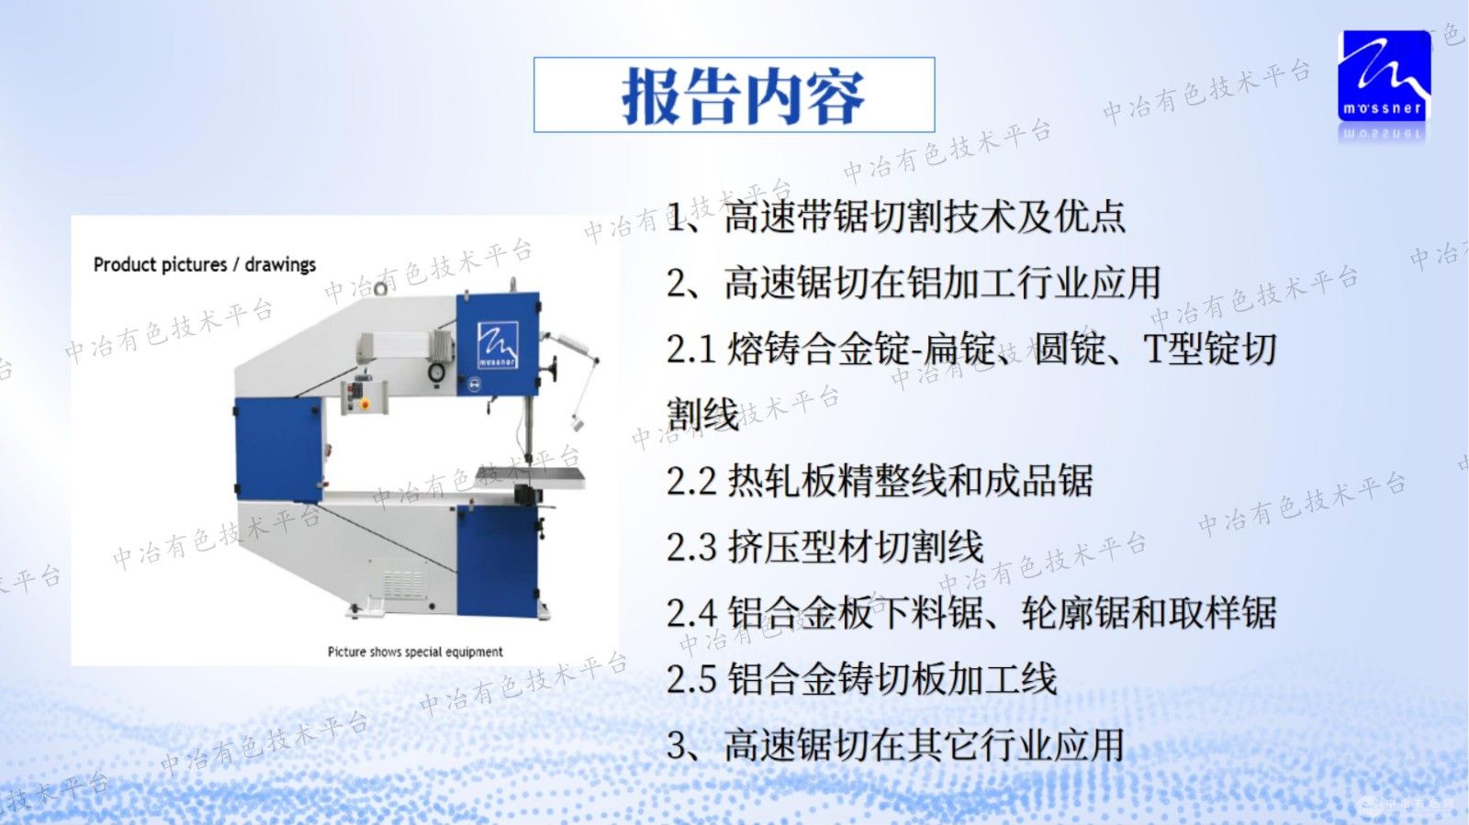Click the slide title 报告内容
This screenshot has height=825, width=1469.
coord(742,95)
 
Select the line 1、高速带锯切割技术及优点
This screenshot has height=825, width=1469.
coord(896,217)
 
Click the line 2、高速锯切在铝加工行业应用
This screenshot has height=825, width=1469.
coord(914,284)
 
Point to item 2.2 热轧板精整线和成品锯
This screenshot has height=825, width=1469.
coord(880,481)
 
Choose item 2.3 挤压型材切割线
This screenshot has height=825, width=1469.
coord(824,547)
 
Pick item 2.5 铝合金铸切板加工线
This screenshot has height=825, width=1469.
coord(861,679)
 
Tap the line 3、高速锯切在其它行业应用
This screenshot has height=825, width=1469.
coord(896,745)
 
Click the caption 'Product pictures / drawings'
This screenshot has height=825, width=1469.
coord(205,265)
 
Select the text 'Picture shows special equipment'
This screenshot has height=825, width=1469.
coord(415,652)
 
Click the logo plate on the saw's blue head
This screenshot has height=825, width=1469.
coord(497,344)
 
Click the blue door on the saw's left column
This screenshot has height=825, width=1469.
coord(278,449)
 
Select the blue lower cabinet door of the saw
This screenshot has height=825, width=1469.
coord(496,560)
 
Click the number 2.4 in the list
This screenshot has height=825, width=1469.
coord(691,613)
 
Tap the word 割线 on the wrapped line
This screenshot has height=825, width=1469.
coord(702,415)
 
